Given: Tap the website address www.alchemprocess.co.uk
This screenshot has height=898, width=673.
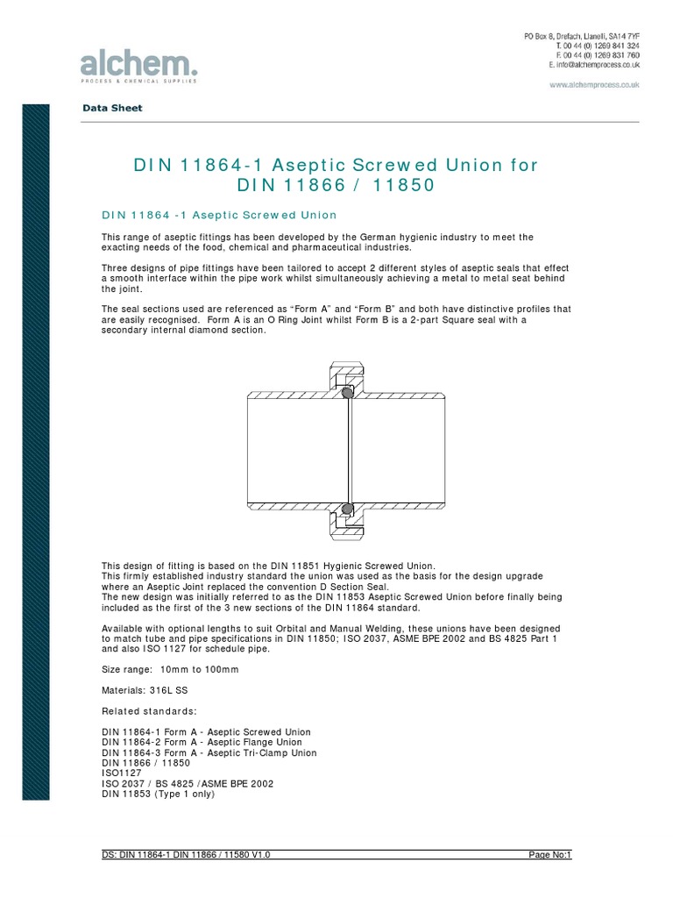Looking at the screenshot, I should coord(594,85).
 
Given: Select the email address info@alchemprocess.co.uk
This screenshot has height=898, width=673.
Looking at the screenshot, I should coord(594,65).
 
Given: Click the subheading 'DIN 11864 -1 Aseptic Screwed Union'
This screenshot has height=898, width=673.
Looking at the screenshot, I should coord(219,215).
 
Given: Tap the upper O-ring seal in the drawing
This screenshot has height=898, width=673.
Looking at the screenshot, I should coord(348,394).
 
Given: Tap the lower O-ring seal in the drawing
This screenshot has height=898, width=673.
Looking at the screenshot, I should coord(348,509).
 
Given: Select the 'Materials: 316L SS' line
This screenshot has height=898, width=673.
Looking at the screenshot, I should coord(145,690).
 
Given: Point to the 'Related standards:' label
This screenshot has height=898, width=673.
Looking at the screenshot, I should coord(149,710).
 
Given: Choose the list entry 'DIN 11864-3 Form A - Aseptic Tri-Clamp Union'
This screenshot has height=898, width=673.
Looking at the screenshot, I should coord(209,752).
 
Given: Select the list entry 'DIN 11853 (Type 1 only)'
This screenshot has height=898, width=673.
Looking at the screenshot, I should coord(158,795).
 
